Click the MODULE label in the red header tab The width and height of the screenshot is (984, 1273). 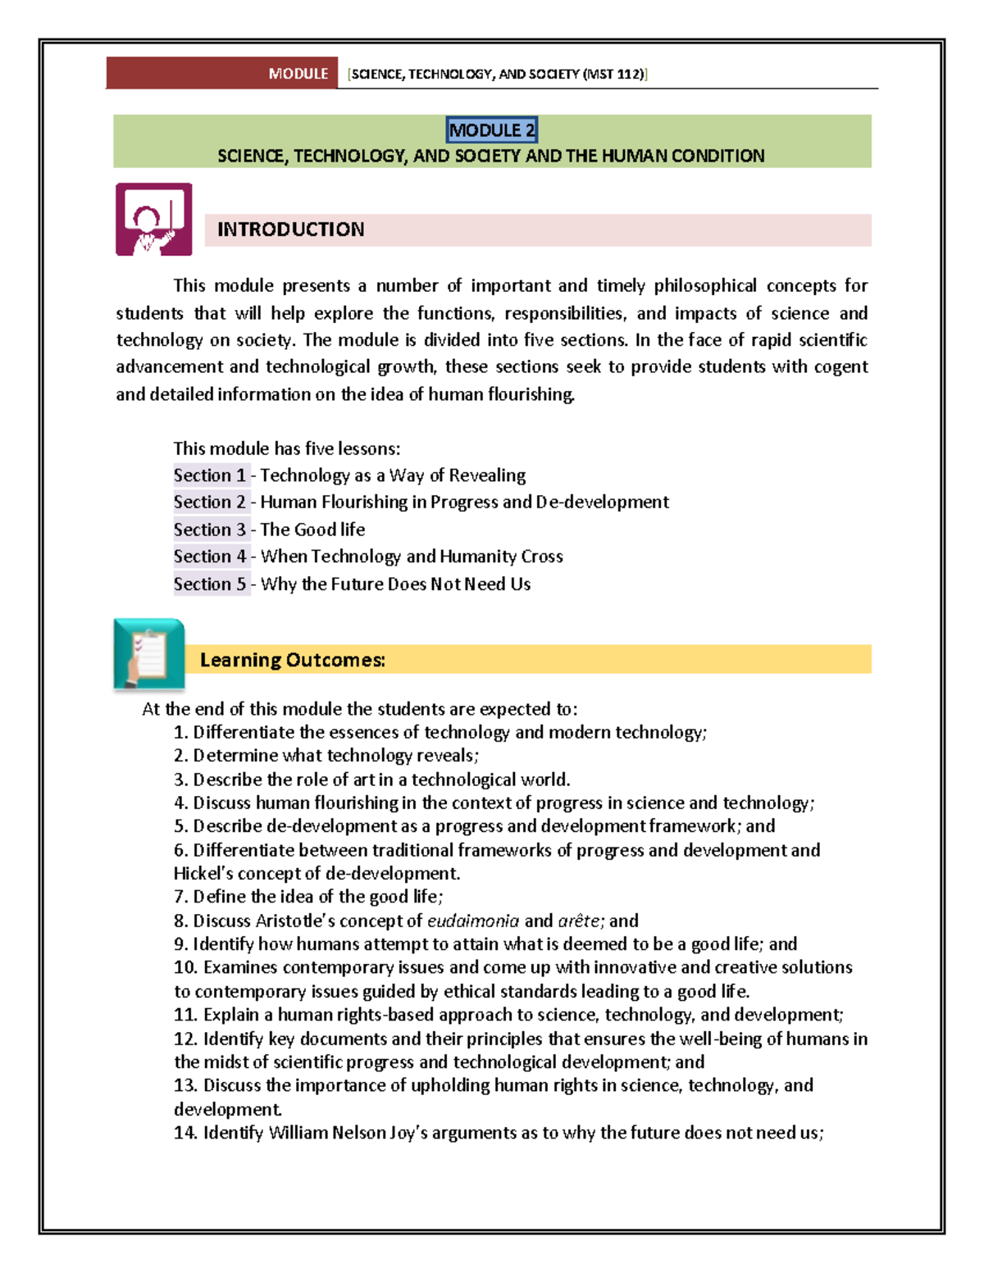(298, 74)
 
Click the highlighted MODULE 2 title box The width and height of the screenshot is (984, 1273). (492, 130)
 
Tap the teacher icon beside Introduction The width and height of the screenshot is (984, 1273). (154, 220)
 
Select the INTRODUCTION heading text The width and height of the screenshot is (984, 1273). (290, 230)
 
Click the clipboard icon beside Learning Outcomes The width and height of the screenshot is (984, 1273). (149, 654)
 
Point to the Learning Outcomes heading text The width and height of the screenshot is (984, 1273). (292, 660)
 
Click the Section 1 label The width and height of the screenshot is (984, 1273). (210, 475)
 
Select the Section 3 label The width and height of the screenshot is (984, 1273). (210, 530)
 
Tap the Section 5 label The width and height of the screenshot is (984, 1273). (210, 584)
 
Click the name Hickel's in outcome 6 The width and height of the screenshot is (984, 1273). (203, 873)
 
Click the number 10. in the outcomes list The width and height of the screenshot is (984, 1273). (185, 967)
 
